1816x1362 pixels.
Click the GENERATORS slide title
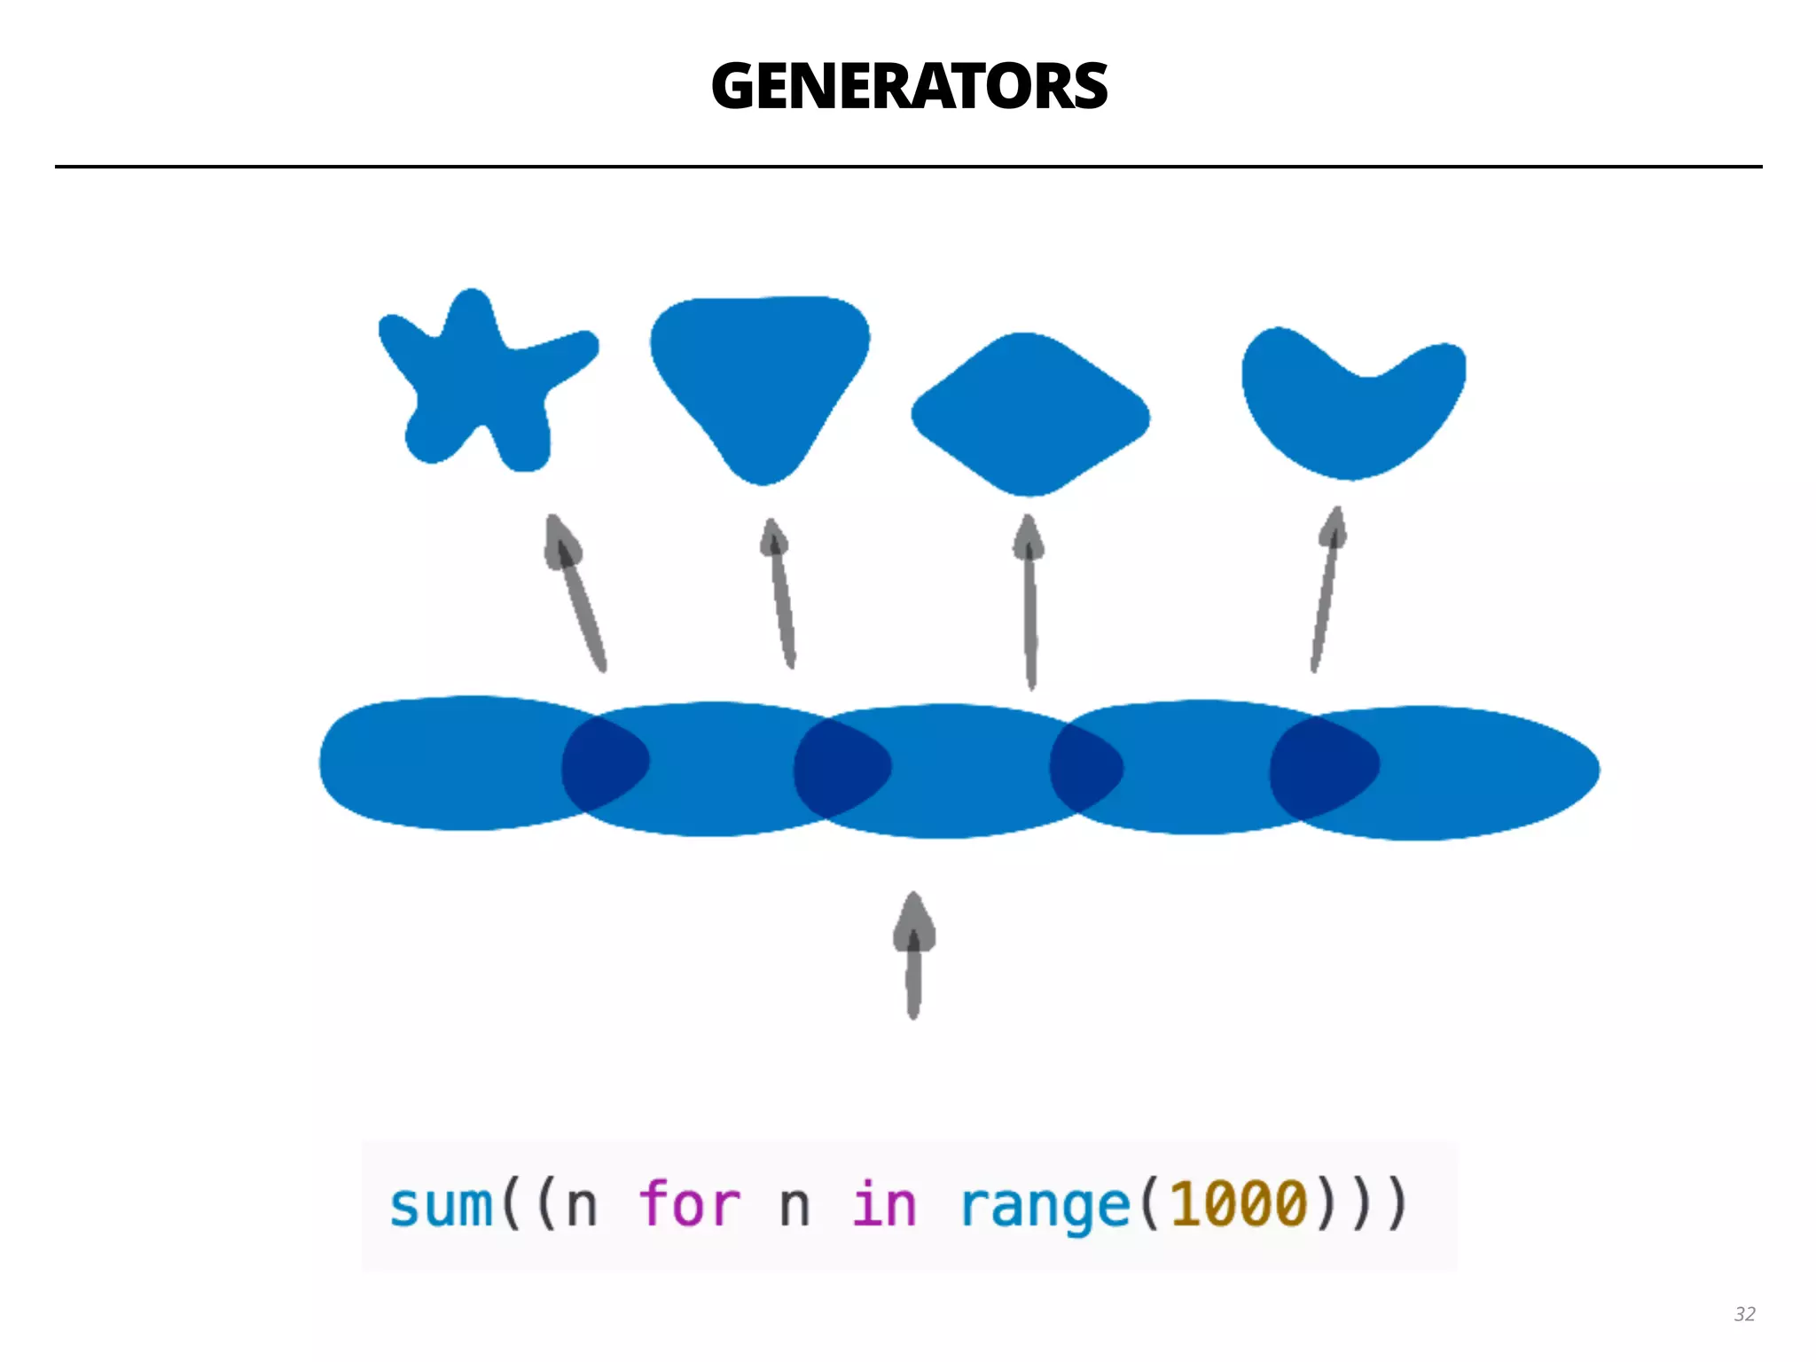(x=909, y=87)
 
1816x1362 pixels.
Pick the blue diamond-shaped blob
(x=1030, y=415)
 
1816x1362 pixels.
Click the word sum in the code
(x=441, y=1206)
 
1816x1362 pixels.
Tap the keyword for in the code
(x=689, y=1206)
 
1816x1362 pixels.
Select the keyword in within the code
(x=884, y=1206)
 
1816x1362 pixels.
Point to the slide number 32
(x=1744, y=1314)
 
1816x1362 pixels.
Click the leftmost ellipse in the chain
(x=434, y=763)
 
